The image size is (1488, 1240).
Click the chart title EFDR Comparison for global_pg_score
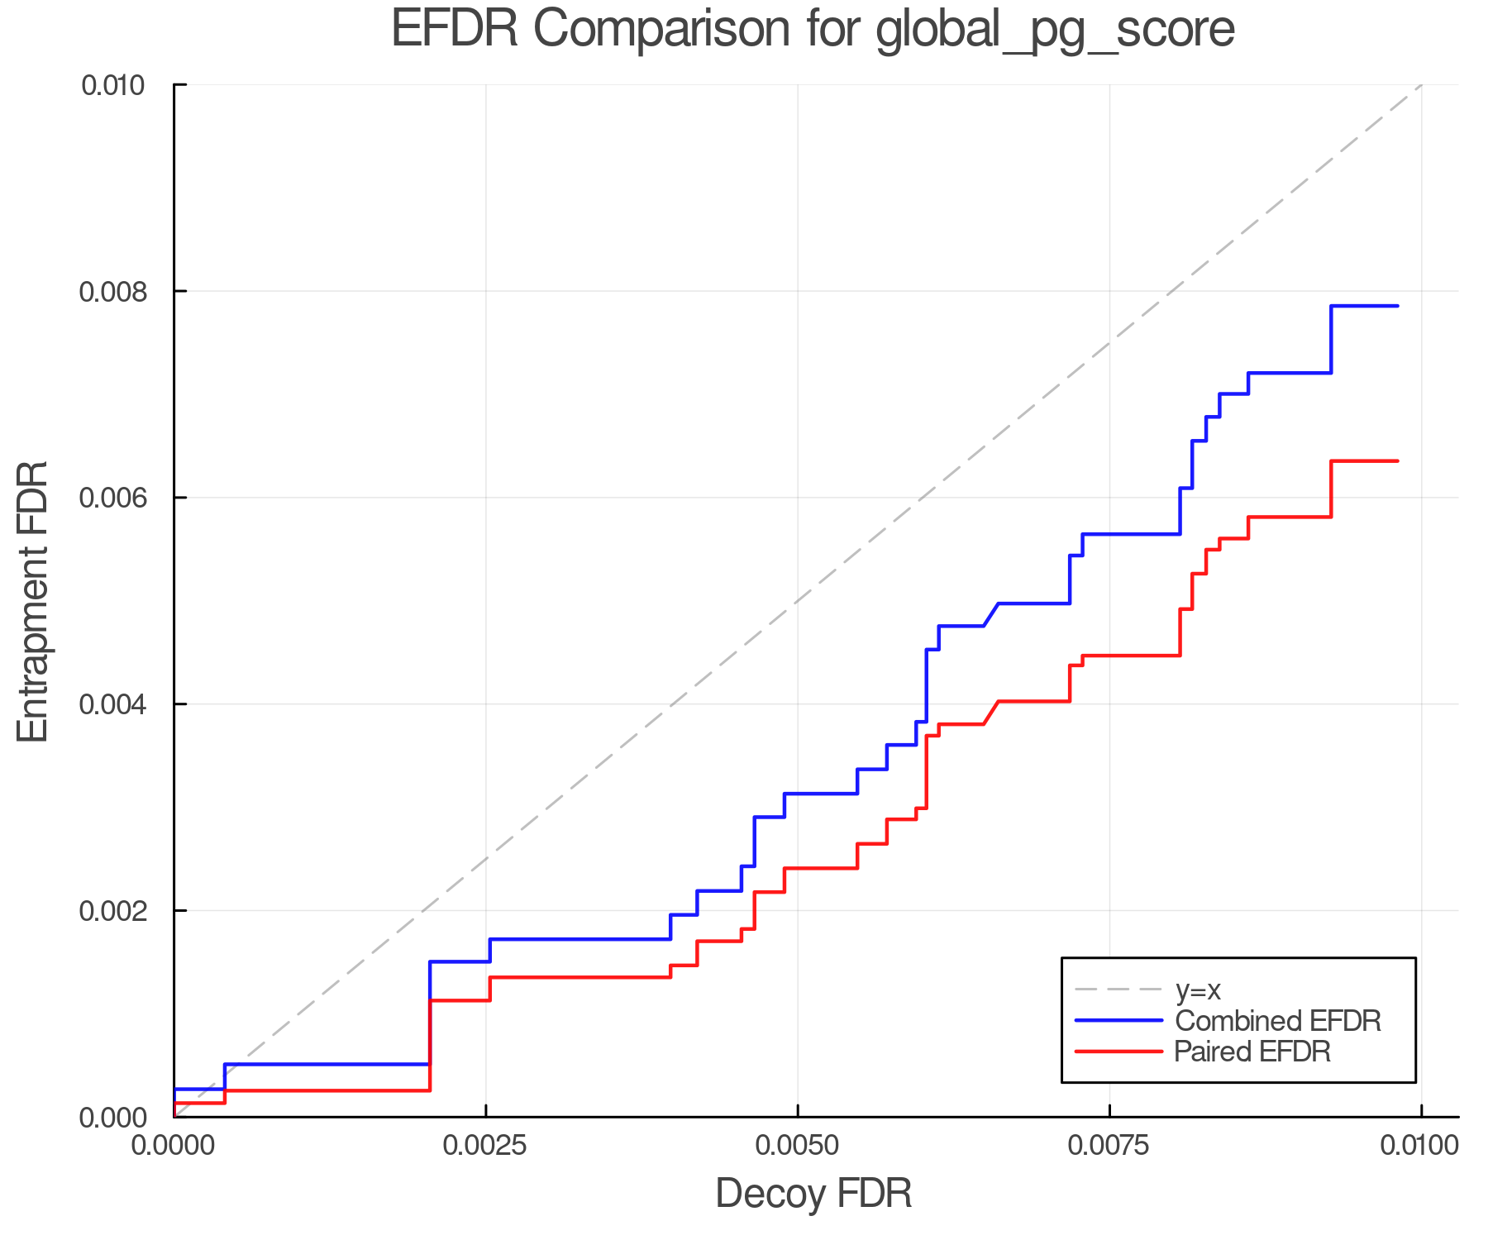[813, 29]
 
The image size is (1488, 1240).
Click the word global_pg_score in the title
[1055, 31]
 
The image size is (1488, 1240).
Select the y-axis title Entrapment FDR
[33, 601]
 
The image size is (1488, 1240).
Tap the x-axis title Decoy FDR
[813, 1193]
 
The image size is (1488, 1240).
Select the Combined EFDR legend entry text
[1278, 1021]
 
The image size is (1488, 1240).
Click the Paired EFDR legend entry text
[1252, 1052]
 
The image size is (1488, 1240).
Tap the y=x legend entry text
[1198, 990]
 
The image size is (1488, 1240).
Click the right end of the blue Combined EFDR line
[1397, 306]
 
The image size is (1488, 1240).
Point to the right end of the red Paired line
[1397, 460]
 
